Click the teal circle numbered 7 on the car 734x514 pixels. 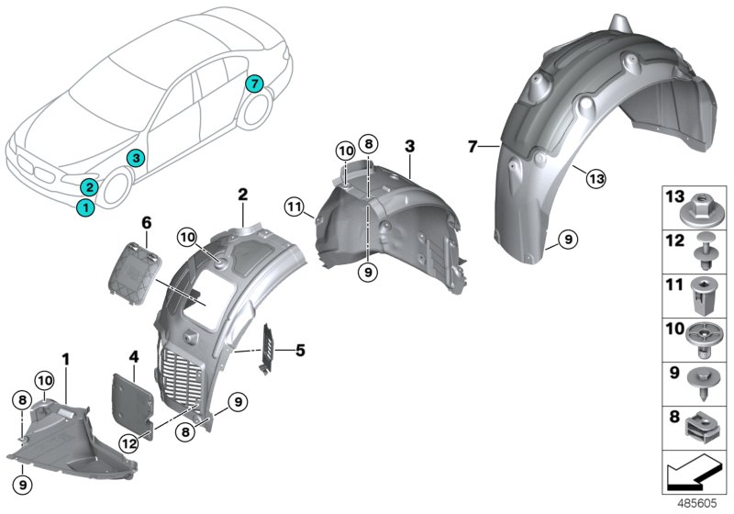click(x=255, y=84)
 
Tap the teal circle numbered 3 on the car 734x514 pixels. click(x=135, y=158)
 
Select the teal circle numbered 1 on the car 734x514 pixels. click(x=84, y=207)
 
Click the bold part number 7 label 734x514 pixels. click(x=472, y=147)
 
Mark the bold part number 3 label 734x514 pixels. click(x=409, y=146)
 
